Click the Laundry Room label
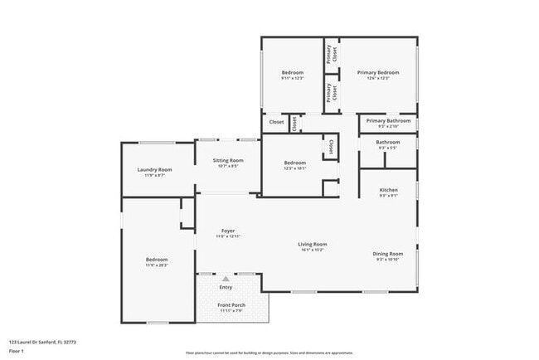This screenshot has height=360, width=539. [154, 169]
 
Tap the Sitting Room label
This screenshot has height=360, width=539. [227, 160]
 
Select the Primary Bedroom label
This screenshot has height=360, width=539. [378, 73]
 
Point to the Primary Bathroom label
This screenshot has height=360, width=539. [388, 121]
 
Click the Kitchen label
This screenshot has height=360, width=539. [388, 190]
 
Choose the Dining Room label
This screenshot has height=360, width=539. [388, 253]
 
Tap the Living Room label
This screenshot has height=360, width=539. [313, 244]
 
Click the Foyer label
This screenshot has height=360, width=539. [227, 231]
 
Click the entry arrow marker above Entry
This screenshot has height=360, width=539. [226, 280]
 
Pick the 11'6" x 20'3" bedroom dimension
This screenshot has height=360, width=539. [157, 265]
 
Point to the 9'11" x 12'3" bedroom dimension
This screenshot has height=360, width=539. [292, 79]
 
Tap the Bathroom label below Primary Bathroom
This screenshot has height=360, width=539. [388, 142]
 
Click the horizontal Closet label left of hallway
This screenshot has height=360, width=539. [276, 122]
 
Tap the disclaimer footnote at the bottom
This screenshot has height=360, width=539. [269, 353]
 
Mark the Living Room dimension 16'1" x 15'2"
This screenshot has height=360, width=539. [313, 250]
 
